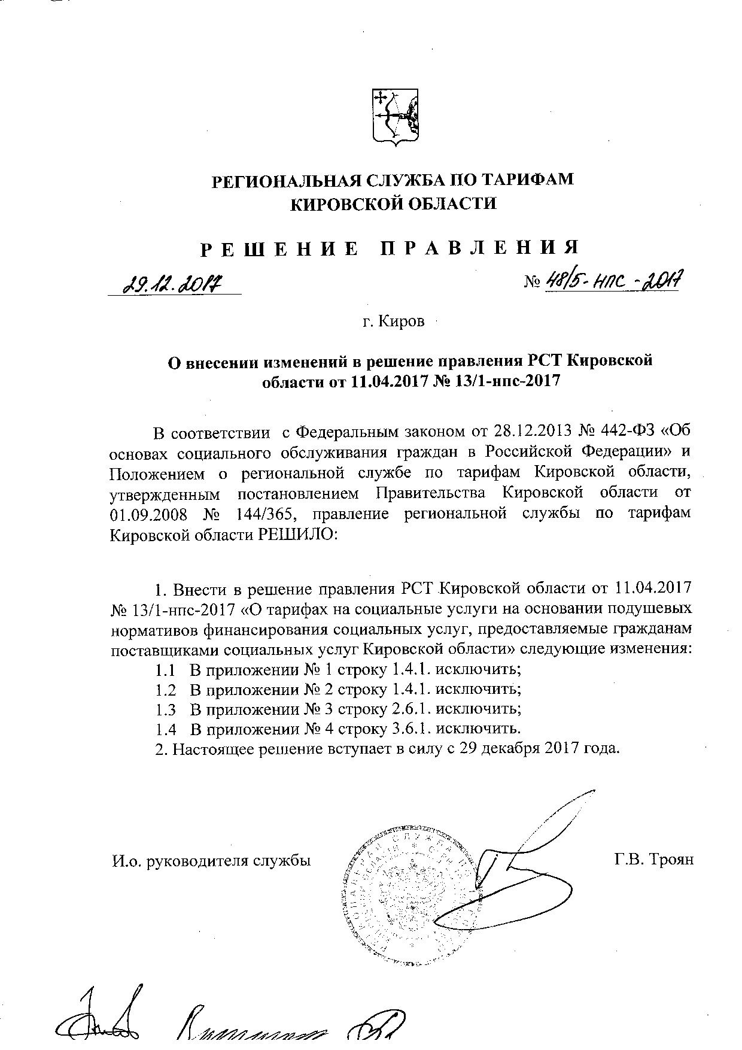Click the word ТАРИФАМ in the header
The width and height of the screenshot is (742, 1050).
click(518, 180)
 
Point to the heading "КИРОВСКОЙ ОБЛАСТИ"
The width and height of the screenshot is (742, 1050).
click(393, 204)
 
